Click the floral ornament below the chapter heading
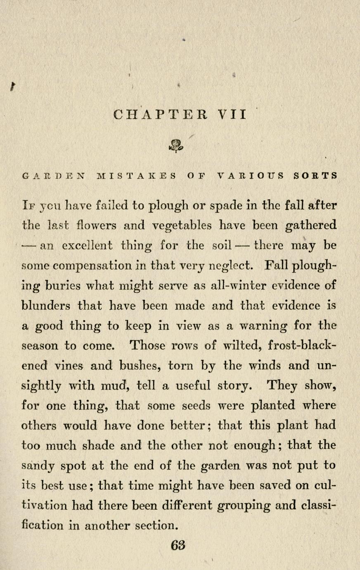tap(176, 145)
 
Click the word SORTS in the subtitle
tap(316, 176)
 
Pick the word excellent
tap(87, 246)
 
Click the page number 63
tap(178, 545)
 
